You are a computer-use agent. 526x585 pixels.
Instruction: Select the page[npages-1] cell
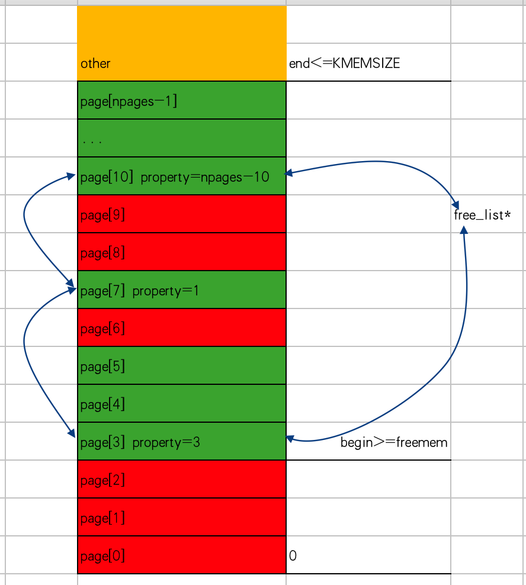(x=181, y=101)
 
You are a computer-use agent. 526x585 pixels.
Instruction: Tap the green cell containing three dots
(x=181, y=139)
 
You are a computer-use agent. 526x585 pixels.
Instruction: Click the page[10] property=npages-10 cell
(x=181, y=176)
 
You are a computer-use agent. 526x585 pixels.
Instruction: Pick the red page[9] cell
(x=181, y=214)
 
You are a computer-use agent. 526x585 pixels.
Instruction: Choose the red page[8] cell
(x=181, y=252)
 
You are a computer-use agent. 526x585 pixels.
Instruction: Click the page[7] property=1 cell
(x=181, y=290)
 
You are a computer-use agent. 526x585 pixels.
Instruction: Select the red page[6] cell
(x=181, y=328)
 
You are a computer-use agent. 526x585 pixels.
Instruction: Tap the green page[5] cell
(x=181, y=366)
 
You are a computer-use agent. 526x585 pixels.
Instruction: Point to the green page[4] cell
(x=181, y=404)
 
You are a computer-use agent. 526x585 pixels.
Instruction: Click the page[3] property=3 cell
(x=181, y=442)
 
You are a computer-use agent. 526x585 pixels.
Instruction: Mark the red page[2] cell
(x=181, y=480)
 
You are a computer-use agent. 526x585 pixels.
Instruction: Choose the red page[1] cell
(x=181, y=517)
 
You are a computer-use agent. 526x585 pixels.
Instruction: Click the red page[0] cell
(x=181, y=555)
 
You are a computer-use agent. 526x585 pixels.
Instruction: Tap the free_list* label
(x=482, y=215)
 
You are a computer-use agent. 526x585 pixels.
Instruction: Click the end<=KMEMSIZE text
(x=344, y=63)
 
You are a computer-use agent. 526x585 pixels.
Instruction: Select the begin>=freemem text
(x=394, y=442)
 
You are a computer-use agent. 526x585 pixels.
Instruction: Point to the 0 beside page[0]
(x=293, y=556)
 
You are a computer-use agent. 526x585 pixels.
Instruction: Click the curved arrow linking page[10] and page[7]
(x=25, y=216)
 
